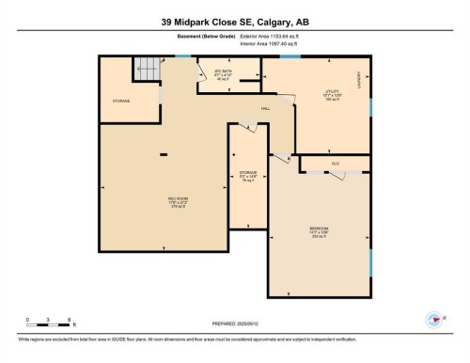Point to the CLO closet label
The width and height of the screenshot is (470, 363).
pos(334,164)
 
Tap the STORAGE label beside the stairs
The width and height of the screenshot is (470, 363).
pos(121,101)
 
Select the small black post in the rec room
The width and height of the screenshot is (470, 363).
pos(165,154)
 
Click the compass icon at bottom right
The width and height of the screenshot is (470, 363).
pos(435,322)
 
